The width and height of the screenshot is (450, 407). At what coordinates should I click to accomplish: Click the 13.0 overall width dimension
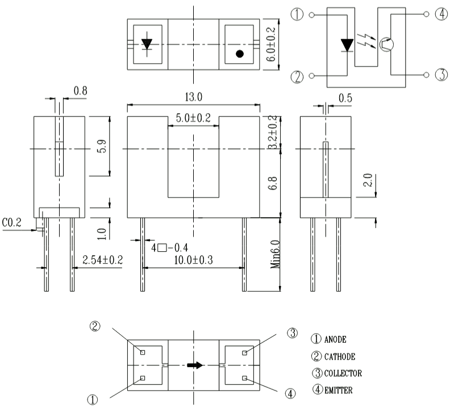click(x=193, y=97)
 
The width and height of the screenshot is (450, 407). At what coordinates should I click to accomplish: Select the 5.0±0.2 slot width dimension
click(x=193, y=118)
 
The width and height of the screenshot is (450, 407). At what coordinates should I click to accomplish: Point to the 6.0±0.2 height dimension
click(x=271, y=44)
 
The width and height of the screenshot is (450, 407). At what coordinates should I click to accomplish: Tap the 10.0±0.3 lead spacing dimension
click(x=193, y=260)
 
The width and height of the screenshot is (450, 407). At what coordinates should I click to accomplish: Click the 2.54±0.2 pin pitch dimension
click(x=102, y=260)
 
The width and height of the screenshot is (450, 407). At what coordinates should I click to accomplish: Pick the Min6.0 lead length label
click(x=275, y=254)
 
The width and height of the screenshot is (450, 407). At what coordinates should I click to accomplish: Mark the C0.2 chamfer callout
click(x=11, y=222)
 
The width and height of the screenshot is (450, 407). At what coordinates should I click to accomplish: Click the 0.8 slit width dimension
click(x=80, y=91)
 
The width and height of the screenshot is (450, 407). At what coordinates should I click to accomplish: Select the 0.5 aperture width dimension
click(x=345, y=98)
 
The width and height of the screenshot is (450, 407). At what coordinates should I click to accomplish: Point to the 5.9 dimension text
click(x=102, y=146)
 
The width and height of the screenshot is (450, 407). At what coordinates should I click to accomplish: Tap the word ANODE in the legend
click(x=335, y=339)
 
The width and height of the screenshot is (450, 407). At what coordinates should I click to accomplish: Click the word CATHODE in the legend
click(x=340, y=357)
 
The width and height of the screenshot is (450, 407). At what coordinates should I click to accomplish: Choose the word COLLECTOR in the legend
click(x=343, y=373)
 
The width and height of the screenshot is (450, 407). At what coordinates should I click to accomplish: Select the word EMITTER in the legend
click(x=339, y=391)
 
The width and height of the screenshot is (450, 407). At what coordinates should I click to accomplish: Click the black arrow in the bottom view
click(x=195, y=365)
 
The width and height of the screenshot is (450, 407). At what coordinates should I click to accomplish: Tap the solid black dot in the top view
click(x=240, y=53)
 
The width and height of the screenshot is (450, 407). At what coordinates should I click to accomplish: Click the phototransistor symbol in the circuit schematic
click(x=386, y=44)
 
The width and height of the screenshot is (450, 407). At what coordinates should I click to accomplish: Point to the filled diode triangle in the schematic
click(x=347, y=45)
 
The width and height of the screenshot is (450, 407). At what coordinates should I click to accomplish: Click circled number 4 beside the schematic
click(x=441, y=14)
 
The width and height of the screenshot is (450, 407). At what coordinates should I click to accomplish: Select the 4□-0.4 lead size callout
click(x=170, y=248)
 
